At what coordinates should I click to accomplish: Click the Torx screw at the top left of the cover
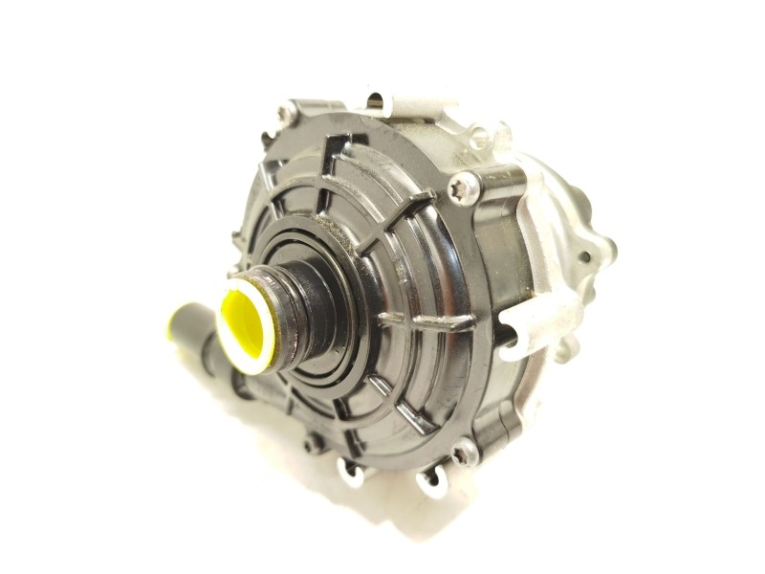point(283,115)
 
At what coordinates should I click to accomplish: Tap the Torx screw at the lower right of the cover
point(465,451)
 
